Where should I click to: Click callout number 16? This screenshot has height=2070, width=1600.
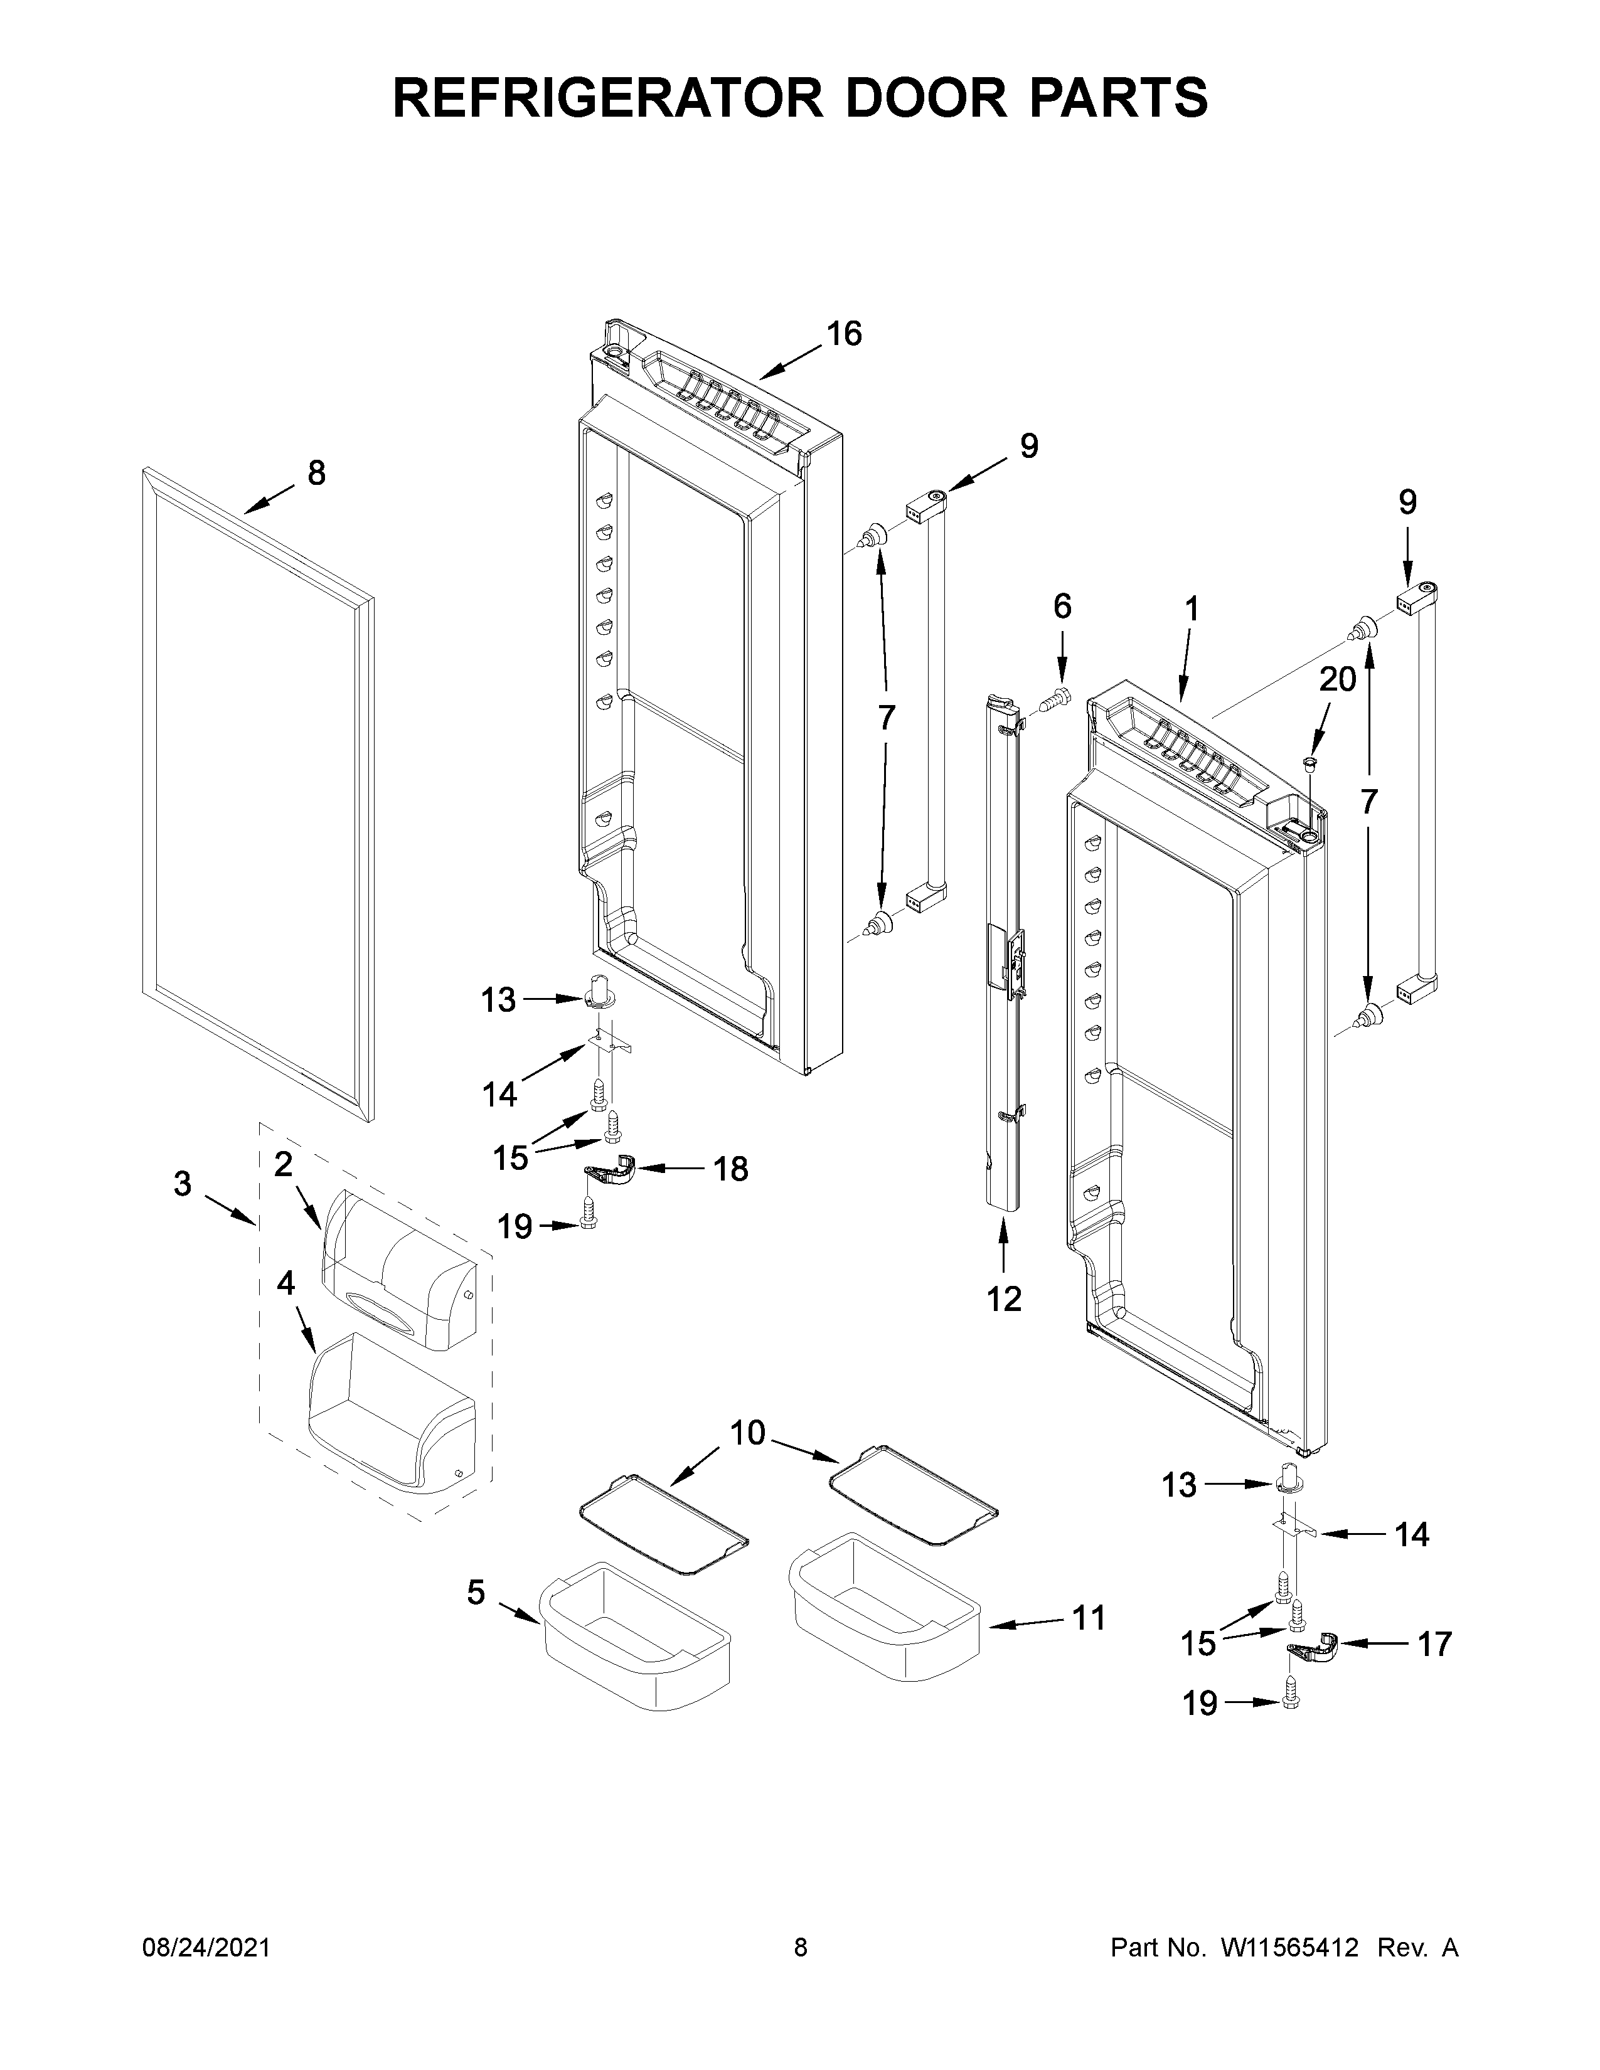[x=843, y=334]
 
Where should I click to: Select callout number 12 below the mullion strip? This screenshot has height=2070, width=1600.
[x=1004, y=1298]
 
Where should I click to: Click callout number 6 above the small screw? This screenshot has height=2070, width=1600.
[x=1062, y=607]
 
